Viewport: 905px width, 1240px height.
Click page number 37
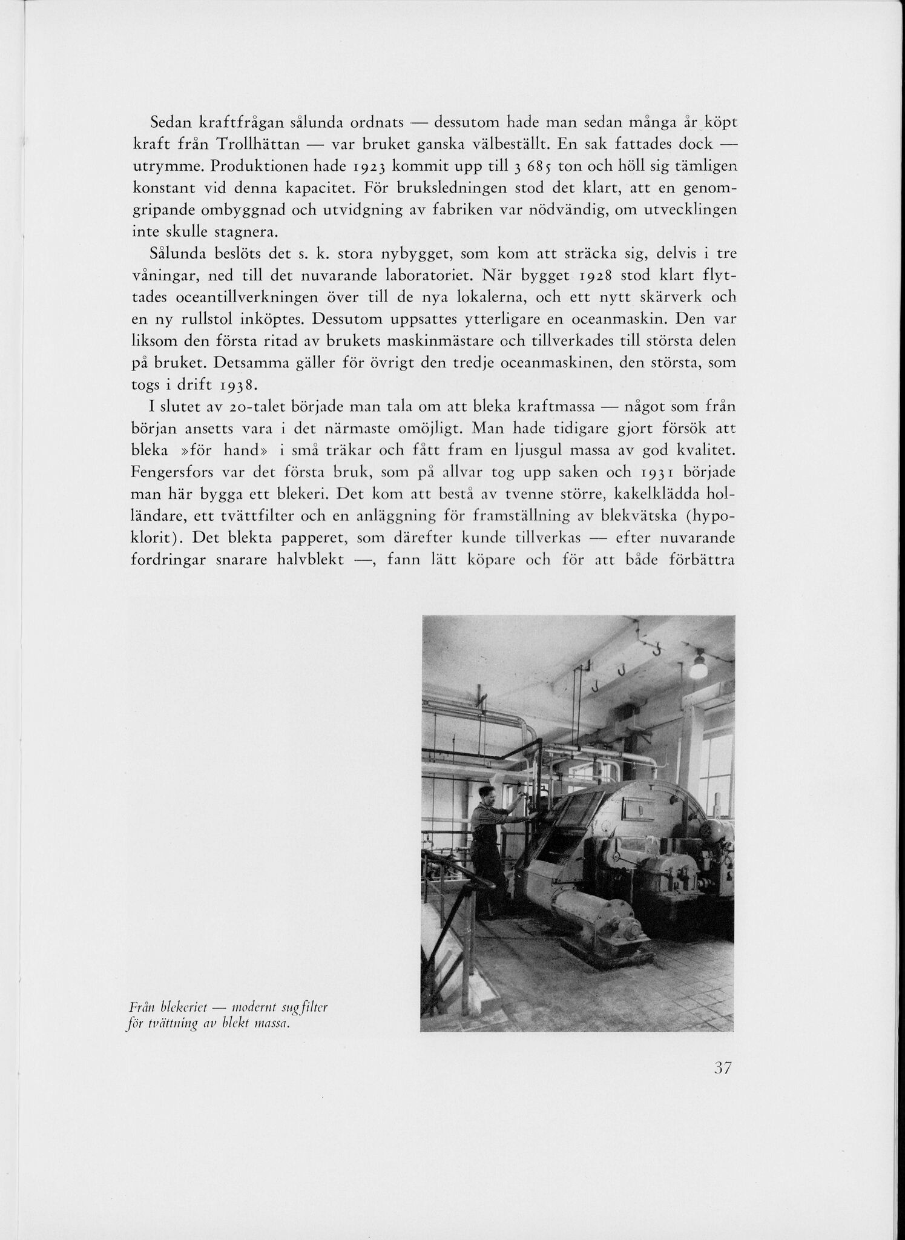(723, 1068)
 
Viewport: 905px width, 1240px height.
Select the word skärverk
(651, 297)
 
